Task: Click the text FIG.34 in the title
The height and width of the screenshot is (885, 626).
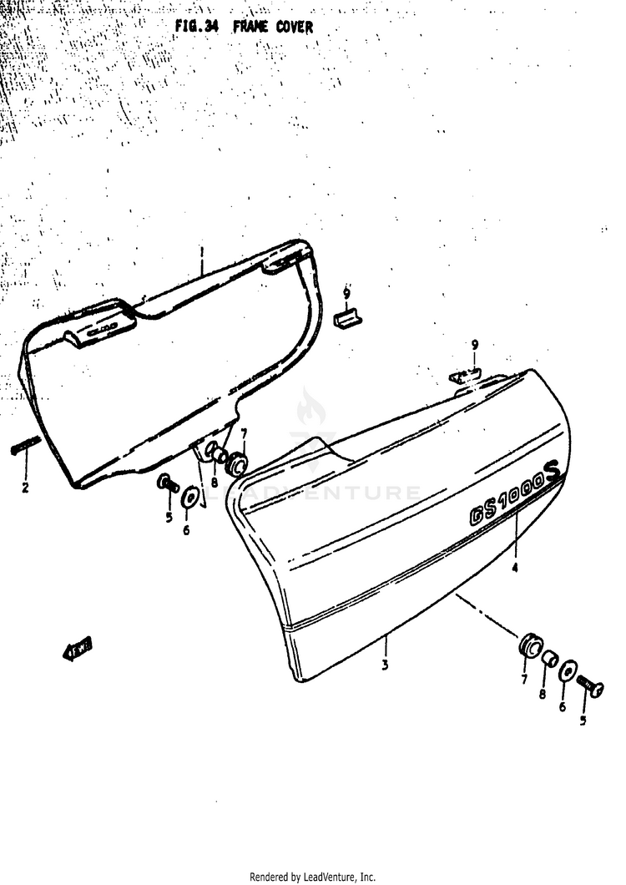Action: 196,27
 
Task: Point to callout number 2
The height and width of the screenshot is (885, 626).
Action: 25,488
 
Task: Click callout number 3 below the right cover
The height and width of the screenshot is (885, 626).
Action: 386,665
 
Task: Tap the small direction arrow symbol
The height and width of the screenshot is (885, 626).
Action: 78,647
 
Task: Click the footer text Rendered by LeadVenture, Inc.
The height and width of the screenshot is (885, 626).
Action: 313,877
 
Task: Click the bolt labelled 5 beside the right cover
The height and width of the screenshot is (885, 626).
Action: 595,688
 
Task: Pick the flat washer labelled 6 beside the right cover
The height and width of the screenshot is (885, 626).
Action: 567,671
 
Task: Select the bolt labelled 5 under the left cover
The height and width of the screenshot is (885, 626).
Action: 166,483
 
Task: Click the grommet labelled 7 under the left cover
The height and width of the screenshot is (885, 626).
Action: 238,462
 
